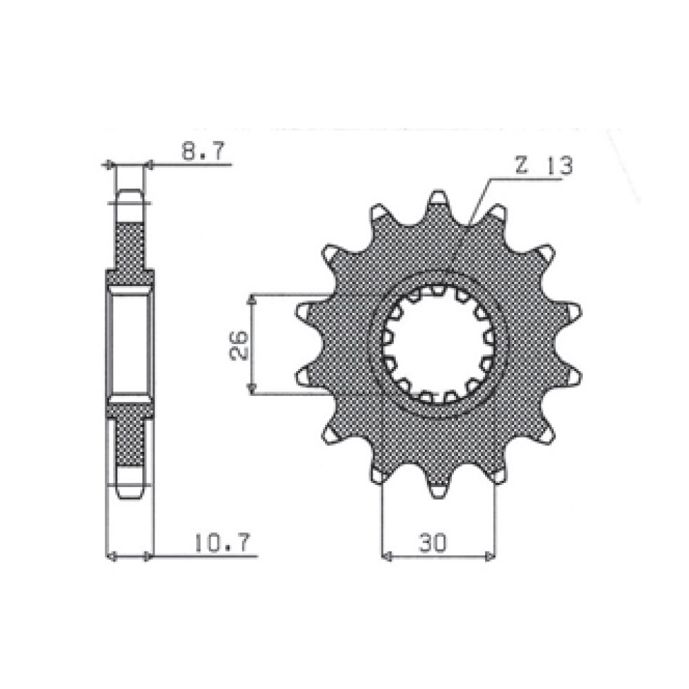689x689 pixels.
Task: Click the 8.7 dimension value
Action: [203, 151]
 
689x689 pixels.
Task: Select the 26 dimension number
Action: [239, 346]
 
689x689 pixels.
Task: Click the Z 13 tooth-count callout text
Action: [545, 166]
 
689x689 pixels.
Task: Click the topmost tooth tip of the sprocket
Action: [439, 191]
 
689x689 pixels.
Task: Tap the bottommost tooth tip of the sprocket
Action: [439, 497]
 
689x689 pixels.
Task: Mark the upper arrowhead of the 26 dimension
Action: [251, 300]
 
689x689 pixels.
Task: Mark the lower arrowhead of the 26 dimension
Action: [251, 389]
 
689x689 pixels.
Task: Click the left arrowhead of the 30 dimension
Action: [386, 557]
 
